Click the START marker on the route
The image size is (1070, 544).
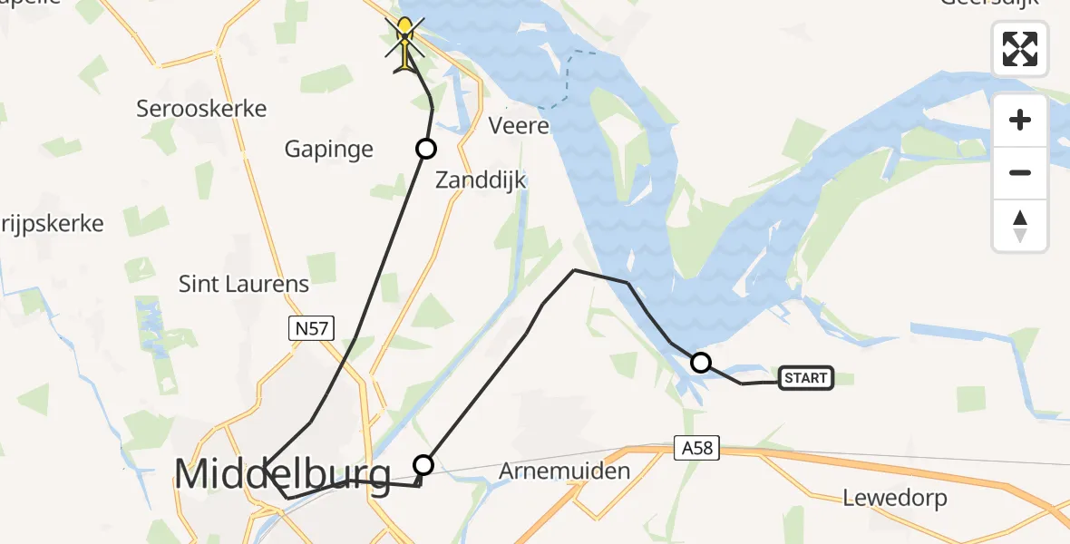pos(805,378)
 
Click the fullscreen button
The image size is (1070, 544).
pos(1020,49)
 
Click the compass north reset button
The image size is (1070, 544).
pos(1020,226)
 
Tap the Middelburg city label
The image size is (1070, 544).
pos(282,474)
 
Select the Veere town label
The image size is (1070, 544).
pos(520,125)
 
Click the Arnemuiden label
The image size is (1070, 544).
pos(564,471)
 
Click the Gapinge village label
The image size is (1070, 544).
pos(328,150)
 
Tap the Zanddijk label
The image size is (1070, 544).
pos(481,180)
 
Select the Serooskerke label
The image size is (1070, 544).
pos(201,109)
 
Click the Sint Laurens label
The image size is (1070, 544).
pos(244,284)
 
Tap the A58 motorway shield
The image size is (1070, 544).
pos(695,447)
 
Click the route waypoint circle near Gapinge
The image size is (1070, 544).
pos(425,149)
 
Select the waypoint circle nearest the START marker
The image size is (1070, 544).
pos(700,363)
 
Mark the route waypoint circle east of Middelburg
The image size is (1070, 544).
pos(423,465)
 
